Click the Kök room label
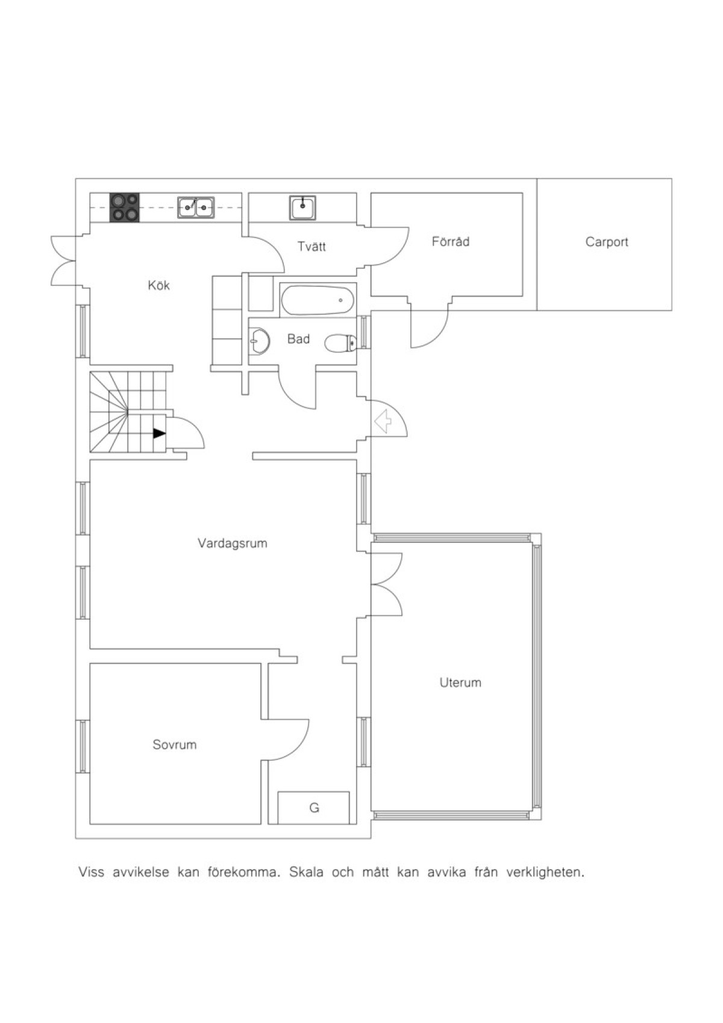click(x=159, y=285)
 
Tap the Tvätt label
click(x=311, y=247)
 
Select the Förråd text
click(x=451, y=241)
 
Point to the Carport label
click(x=607, y=242)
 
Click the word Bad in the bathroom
click(x=298, y=339)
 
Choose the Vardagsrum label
click(x=233, y=544)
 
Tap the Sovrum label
click(x=174, y=745)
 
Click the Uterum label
click(x=460, y=683)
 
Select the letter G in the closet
click(x=314, y=808)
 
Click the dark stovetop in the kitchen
click(x=125, y=208)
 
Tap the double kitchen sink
click(x=196, y=208)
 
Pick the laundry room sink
click(x=302, y=207)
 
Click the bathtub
click(x=318, y=300)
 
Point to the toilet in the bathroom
click(x=340, y=343)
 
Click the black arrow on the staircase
click(x=159, y=433)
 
